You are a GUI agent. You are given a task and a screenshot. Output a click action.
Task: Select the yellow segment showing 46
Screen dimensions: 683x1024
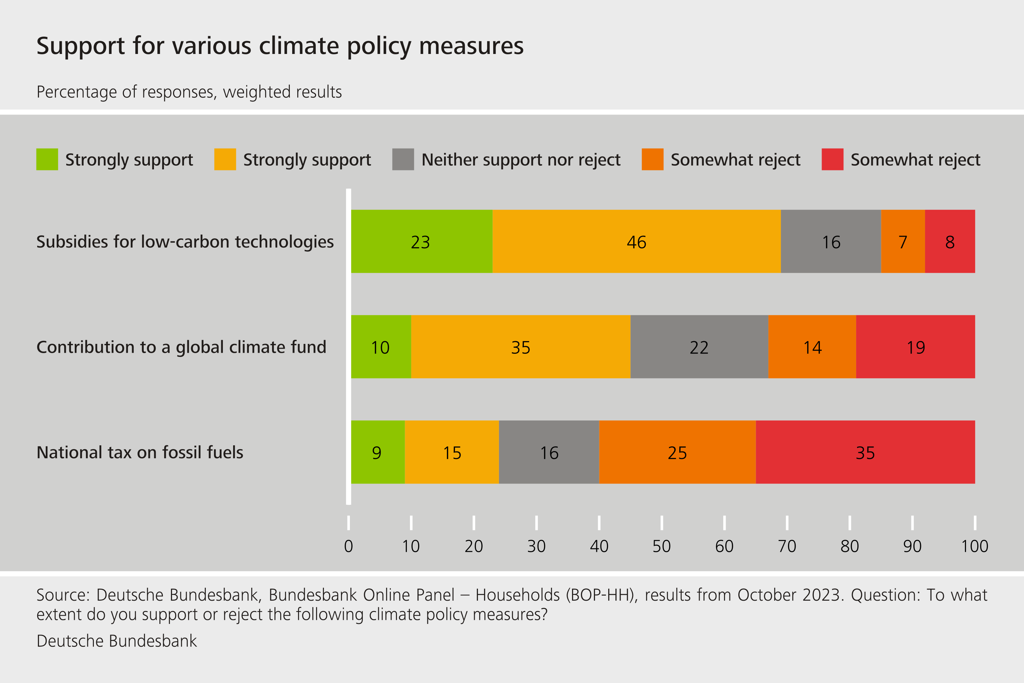click(637, 241)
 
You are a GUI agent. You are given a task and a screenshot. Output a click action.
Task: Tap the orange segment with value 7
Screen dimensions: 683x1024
click(902, 241)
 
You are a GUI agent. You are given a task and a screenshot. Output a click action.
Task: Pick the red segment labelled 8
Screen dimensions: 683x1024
click(950, 241)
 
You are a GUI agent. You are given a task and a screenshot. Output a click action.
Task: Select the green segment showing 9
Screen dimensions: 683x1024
click(378, 452)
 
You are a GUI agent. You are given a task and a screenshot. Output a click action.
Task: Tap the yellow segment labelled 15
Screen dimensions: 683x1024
click(452, 452)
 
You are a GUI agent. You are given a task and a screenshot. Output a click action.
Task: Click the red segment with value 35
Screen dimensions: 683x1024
click(865, 452)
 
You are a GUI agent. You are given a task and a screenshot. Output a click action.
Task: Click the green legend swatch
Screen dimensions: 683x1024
click(47, 159)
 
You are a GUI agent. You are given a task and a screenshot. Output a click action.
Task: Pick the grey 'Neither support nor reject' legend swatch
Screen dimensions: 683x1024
click(403, 159)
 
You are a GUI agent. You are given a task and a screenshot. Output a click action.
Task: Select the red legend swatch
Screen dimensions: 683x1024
click(832, 159)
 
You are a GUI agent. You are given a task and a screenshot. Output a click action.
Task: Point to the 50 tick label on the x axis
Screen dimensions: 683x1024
click(662, 546)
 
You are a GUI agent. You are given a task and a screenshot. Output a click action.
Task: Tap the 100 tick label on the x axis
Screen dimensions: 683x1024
click(975, 546)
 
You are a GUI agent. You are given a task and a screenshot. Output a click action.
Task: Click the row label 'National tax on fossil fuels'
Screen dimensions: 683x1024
click(140, 452)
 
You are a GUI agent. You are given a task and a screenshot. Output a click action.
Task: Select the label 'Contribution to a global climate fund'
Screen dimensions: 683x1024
click(181, 347)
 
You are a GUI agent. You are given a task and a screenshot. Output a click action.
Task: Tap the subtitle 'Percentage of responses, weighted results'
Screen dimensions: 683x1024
click(189, 92)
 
